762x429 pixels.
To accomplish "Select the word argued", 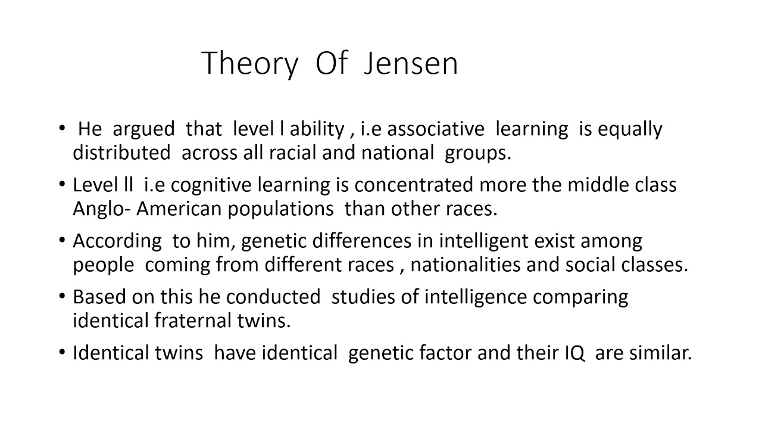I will (143, 129).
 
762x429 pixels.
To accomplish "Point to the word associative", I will (438, 129).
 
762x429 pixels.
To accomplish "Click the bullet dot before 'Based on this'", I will (63, 296).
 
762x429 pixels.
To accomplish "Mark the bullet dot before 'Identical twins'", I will (63, 352).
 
